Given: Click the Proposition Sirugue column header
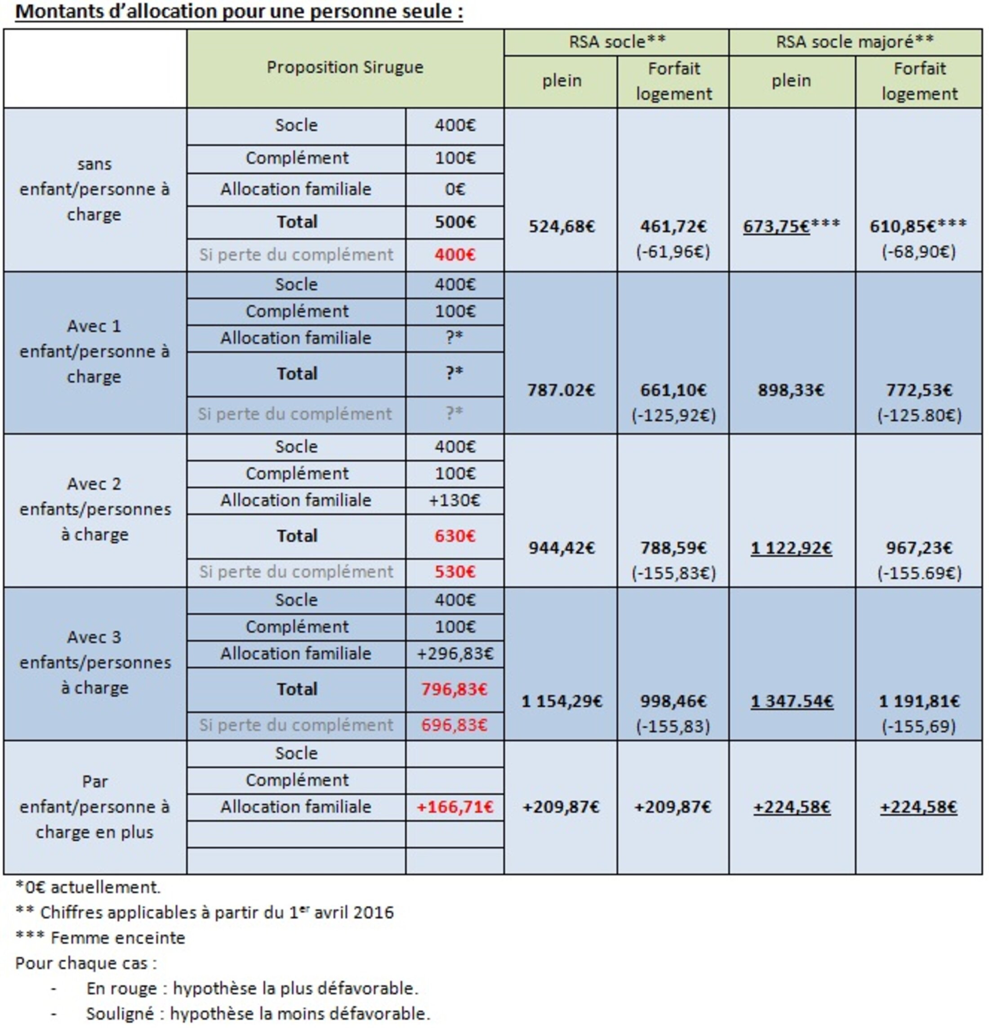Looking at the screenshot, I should pyautogui.click(x=345, y=67).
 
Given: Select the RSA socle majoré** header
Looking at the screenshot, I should pyautogui.click(x=855, y=42).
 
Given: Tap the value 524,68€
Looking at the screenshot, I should pyautogui.click(x=561, y=226).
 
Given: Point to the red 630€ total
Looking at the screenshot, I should pyautogui.click(x=454, y=536).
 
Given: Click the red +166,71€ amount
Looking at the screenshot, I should pyautogui.click(x=454, y=807).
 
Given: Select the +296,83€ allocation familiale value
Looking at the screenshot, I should pyautogui.click(x=454, y=653).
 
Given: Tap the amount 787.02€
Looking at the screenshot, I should pyautogui.click(x=561, y=390).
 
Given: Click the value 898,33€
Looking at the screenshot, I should pyautogui.click(x=791, y=390).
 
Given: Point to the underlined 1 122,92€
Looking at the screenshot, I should pyautogui.click(x=791, y=548).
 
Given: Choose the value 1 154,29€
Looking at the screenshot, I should pyautogui.click(x=561, y=701).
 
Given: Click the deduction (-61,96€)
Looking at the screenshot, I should pyautogui.click(x=673, y=252).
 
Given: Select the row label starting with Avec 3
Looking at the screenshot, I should pyautogui.click(x=95, y=662).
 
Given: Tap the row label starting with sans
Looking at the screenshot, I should pyautogui.click(x=95, y=189).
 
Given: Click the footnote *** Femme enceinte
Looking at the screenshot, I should pyautogui.click(x=100, y=938).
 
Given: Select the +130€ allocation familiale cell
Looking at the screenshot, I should pyautogui.click(x=454, y=500).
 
